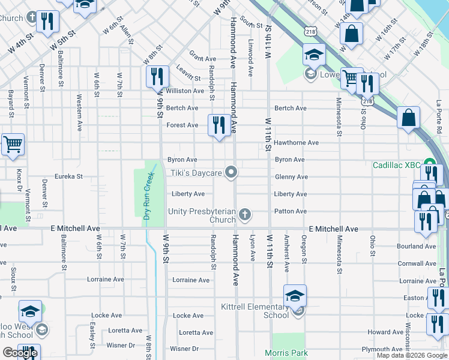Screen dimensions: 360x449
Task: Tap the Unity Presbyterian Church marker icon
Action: coord(244,214)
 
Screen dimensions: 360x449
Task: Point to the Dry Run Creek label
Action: coord(146,197)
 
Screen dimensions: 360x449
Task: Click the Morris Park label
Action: coord(286,353)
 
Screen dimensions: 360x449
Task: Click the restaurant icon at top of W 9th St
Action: coord(157,77)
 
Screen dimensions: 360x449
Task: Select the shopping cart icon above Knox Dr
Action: coord(13,145)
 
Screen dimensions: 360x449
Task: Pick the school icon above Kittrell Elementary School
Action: coord(295,296)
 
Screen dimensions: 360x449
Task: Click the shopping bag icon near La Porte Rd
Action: coord(408,118)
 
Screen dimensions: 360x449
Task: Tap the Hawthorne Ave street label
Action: coord(297,143)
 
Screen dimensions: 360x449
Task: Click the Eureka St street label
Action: coord(68,177)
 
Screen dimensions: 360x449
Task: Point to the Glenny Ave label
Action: coord(291,177)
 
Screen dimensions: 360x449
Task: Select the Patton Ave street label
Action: coord(291,211)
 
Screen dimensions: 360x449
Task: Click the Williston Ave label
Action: coord(185,91)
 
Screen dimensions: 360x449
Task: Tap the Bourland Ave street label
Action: coord(417,246)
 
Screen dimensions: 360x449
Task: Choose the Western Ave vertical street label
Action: coord(79,112)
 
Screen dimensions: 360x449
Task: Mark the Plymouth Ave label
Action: coord(385,349)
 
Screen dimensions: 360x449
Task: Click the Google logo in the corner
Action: coord(20,353)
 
